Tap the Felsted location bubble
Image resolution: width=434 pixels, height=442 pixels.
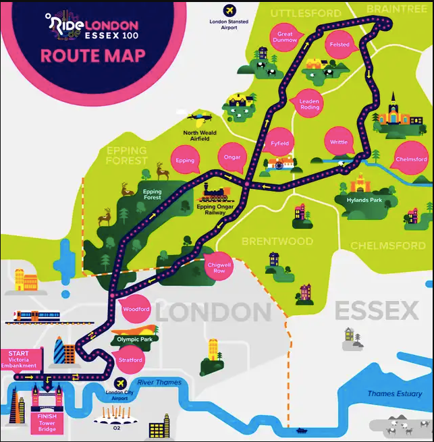click(340, 45)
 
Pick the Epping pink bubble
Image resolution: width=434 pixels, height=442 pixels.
click(185, 161)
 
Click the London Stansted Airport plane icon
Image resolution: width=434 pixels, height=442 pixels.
click(229, 11)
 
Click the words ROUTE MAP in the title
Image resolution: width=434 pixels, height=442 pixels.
click(92, 55)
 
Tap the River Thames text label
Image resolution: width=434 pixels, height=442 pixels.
click(159, 383)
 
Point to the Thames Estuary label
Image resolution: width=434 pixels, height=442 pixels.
click(394, 393)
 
